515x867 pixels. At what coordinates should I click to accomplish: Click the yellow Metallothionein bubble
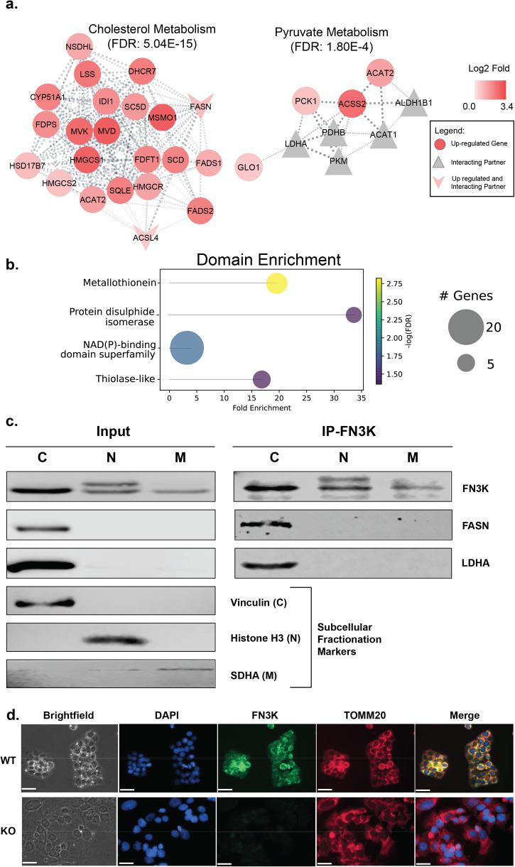click(x=276, y=283)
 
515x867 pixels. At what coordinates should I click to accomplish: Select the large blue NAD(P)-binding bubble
click(x=188, y=348)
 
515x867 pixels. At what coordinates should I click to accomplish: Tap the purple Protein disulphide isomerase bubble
click(x=353, y=315)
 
